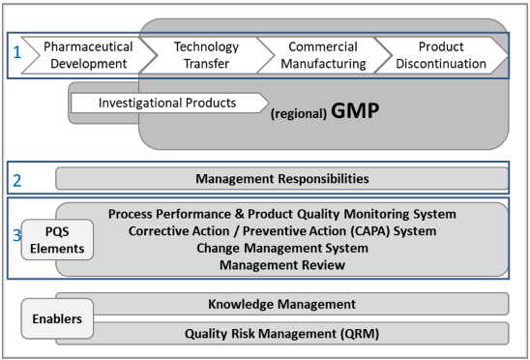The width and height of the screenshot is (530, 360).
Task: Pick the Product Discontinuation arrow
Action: click(440, 55)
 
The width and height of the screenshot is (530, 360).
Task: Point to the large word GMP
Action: click(353, 110)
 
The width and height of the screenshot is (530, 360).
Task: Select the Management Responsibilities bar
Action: click(281, 178)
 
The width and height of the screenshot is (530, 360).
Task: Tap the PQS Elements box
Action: click(57, 239)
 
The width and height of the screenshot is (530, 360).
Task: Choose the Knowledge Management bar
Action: click(281, 304)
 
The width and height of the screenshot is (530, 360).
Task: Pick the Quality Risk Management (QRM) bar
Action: click(281, 334)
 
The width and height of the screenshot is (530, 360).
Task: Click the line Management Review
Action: click(281, 264)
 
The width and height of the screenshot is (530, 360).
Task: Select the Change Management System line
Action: click(281, 248)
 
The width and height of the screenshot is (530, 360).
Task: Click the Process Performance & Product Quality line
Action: click(281, 214)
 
